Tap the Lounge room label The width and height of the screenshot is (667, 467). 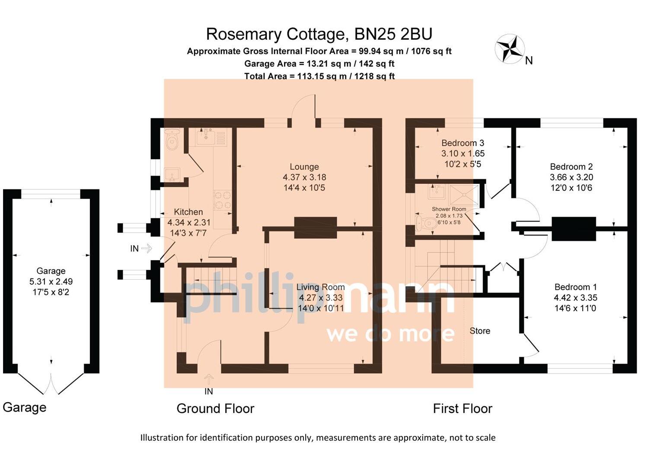[x=304, y=166]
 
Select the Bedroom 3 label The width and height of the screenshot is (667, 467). [x=463, y=143]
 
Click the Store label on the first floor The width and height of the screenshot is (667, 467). [x=480, y=331]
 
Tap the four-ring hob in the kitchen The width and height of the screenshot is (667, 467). [x=223, y=200]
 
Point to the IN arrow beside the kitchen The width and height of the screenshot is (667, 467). [x=147, y=248]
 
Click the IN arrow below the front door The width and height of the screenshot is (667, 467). [x=209, y=379]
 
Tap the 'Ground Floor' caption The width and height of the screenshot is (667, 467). [x=215, y=408]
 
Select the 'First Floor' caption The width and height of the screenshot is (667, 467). [x=463, y=408]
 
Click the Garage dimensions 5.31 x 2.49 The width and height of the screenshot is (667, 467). [x=51, y=281]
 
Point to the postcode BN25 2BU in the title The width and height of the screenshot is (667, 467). [x=393, y=34]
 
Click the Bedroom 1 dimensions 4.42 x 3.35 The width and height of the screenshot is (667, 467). [x=575, y=297]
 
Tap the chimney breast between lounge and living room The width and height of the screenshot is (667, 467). [x=315, y=227]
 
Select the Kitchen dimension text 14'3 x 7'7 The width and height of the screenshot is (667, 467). [x=188, y=233]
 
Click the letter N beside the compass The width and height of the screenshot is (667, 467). [x=529, y=61]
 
